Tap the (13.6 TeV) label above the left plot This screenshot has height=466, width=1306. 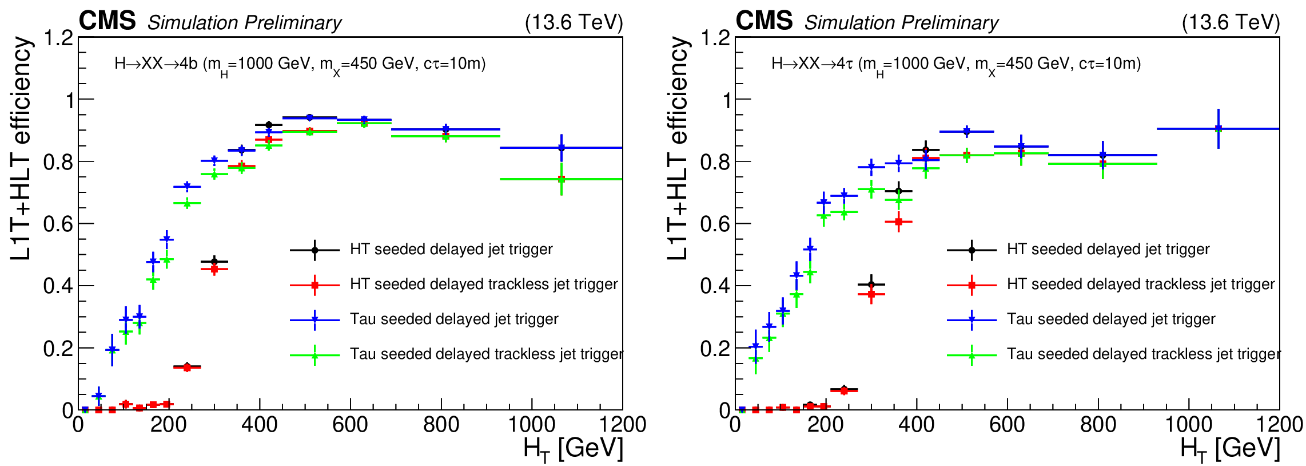574,22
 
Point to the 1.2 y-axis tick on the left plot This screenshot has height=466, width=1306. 59,38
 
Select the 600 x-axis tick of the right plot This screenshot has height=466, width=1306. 1007,425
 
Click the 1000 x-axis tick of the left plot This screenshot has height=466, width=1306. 532,425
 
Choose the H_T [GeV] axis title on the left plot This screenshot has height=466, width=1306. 573,449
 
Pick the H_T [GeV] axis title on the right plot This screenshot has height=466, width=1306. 1230,449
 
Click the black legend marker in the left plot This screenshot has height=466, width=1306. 314,250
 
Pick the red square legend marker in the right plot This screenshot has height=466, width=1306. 971,285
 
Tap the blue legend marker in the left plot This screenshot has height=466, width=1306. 314,320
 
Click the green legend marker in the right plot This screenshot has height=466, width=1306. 971,356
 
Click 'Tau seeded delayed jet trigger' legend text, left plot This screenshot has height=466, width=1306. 454,319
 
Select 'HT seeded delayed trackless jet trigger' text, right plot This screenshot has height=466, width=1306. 1141,284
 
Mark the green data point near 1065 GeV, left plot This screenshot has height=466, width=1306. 562,179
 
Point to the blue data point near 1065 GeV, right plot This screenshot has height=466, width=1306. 1219,129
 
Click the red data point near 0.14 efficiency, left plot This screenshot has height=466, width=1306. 187,368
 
